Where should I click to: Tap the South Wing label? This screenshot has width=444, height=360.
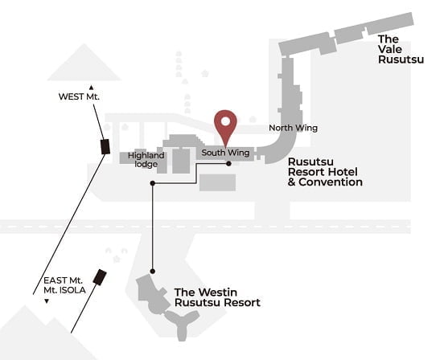(x=225, y=153)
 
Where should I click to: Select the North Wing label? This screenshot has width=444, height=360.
(x=293, y=128)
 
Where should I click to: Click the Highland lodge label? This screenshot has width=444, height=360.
(x=146, y=160)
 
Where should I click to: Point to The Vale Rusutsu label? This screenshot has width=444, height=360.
(x=401, y=49)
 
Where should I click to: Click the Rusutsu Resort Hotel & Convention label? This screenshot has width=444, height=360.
(x=325, y=172)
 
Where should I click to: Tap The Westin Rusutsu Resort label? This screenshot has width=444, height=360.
(x=217, y=297)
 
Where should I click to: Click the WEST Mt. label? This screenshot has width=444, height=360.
(x=79, y=96)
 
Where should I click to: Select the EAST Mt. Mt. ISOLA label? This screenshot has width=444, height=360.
(x=64, y=285)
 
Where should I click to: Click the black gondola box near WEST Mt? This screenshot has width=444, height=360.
(x=105, y=147)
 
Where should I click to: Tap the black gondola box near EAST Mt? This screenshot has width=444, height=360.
(x=100, y=277)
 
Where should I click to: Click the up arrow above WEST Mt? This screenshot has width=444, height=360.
(x=91, y=88)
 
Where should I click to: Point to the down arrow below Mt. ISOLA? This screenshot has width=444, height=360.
(x=47, y=301)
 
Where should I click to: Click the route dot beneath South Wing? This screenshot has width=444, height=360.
(x=228, y=163)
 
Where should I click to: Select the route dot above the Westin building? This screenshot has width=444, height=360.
(x=153, y=272)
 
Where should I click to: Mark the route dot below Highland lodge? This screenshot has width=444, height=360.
(x=153, y=183)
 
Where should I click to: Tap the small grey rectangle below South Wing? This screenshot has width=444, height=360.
(x=217, y=182)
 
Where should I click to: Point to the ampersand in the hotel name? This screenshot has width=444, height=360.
(x=292, y=182)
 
